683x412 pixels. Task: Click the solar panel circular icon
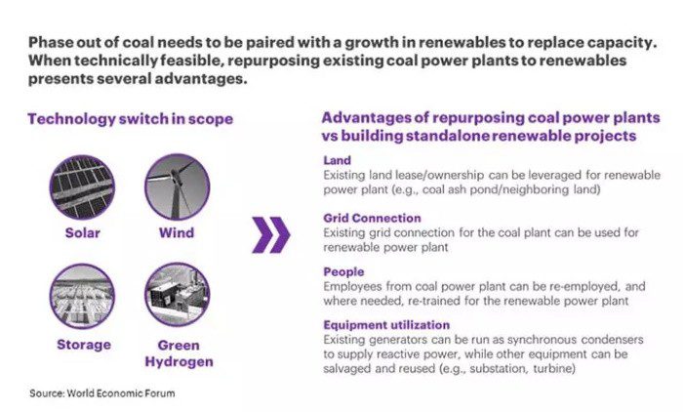(82, 187)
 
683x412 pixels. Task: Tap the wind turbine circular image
(177, 186)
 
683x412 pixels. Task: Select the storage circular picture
(82, 296)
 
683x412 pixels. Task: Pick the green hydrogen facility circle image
(177, 294)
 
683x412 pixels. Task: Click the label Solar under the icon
(83, 232)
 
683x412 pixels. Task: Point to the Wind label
(177, 232)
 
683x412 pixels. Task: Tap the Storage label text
(84, 345)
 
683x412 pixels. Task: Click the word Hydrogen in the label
(179, 362)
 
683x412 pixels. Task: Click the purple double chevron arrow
(271, 235)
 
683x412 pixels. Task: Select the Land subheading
(338, 160)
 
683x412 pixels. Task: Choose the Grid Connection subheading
(372, 218)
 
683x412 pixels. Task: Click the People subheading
(343, 272)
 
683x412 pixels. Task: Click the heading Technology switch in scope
(130, 119)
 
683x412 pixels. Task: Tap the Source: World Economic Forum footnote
(102, 393)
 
